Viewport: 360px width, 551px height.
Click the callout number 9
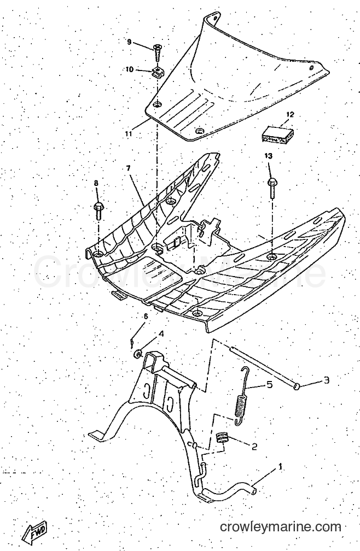click(x=129, y=42)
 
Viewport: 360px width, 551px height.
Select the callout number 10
click(x=129, y=69)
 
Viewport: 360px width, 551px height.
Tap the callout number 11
click(x=128, y=133)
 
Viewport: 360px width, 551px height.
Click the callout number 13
click(x=269, y=156)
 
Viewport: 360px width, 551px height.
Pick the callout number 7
click(x=129, y=168)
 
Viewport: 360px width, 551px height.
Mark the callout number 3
click(x=326, y=380)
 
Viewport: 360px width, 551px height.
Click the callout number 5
click(x=269, y=385)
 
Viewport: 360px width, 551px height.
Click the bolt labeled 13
click(x=272, y=189)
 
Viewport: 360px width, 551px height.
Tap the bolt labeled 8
click(x=98, y=209)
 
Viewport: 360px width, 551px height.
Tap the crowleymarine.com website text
click(x=280, y=527)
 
